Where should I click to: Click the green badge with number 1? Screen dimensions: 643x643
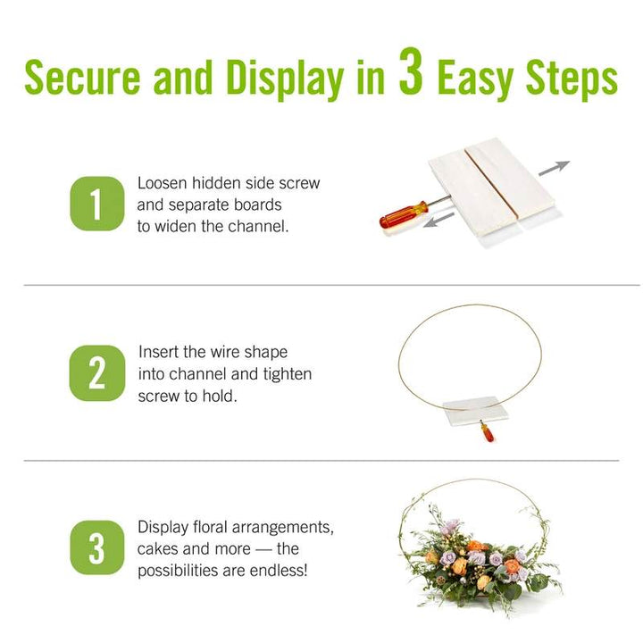coord(97,204)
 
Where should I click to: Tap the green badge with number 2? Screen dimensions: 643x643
coord(97,373)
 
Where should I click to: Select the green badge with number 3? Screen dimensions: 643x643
coord(97,547)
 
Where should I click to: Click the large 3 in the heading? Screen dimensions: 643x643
coord(411,71)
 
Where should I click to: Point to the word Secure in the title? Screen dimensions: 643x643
coord(82,77)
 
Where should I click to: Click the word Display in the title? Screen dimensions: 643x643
coord(285,79)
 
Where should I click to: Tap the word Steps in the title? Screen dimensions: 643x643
coord(572,79)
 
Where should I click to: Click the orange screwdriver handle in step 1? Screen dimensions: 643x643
coord(404,214)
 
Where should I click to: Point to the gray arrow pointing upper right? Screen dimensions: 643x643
coord(554,168)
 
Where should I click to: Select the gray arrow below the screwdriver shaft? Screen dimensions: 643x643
coord(439,220)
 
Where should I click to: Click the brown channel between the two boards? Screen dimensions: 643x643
coord(491,181)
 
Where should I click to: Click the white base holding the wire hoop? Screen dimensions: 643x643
coord(477,411)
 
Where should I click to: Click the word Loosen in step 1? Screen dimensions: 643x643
coord(162,183)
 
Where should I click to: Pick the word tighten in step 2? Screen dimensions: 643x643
coord(288,375)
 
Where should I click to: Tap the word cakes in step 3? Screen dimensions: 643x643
coord(157,548)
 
